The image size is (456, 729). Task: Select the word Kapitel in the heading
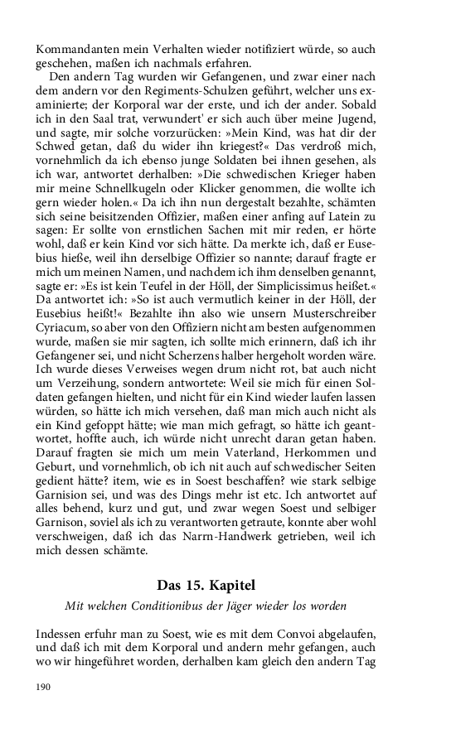pyautogui.click(x=240, y=585)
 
